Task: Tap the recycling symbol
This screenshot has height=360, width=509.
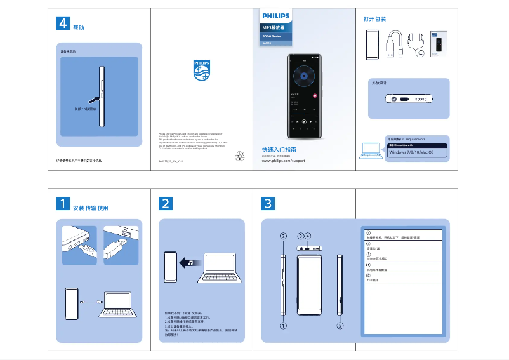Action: [239, 155]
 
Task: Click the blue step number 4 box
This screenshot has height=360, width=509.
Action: [63, 23]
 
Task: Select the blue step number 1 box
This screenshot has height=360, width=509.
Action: [63, 203]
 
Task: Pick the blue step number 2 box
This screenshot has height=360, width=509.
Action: [165, 203]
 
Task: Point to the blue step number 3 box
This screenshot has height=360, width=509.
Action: [268, 203]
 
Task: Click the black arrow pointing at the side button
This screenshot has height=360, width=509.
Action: [92, 98]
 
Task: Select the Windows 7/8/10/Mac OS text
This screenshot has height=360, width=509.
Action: [411, 152]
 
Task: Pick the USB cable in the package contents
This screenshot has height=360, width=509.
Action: [392, 44]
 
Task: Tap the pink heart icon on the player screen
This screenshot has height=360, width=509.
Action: [315, 95]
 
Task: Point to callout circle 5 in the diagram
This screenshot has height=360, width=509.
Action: [340, 326]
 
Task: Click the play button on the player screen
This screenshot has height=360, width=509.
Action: [303, 121]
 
